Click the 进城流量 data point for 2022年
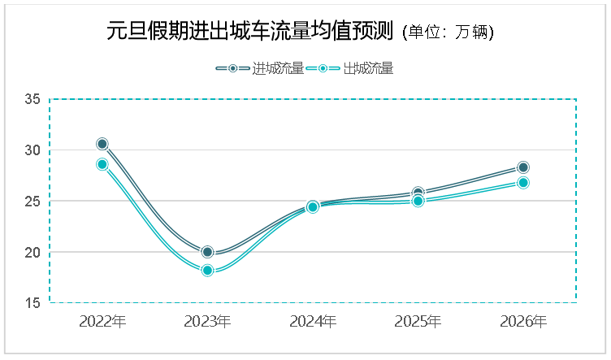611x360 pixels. (x=102, y=144)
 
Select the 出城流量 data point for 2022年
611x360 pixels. (x=102, y=164)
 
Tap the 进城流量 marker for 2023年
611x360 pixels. (x=207, y=252)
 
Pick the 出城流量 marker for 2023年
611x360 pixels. (x=207, y=271)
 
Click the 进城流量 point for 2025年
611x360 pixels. (x=418, y=193)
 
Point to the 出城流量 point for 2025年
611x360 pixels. (x=418, y=201)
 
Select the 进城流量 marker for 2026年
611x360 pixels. (x=523, y=167)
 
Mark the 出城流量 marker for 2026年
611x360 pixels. (x=523, y=183)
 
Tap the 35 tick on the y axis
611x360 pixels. (x=32, y=99)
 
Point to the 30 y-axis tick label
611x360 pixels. (x=32, y=150)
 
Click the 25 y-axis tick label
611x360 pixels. (x=32, y=201)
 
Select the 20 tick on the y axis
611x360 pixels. (x=32, y=252)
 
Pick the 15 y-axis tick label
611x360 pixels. (x=32, y=303)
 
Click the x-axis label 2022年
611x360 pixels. (x=102, y=322)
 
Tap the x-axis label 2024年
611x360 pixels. (x=313, y=322)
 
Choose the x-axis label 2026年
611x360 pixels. (x=523, y=322)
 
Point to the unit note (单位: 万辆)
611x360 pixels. (x=448, y=33)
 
